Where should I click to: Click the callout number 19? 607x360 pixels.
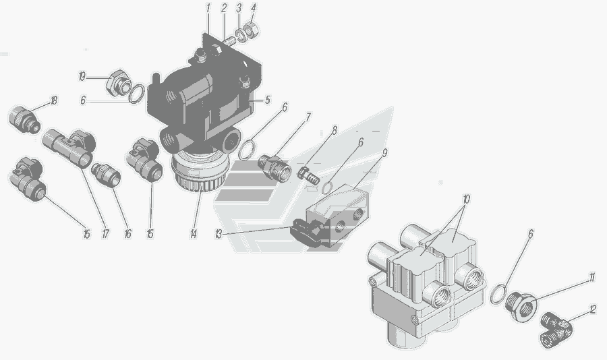[82, 77]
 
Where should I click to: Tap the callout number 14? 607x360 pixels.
[193, 234]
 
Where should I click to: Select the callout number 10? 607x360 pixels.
[466, 200]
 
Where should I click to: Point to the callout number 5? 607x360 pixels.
[268, 100]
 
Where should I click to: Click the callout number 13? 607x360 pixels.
[219, 234]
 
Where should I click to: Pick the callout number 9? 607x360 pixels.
[384, 153]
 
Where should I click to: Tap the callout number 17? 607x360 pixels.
[105, 234]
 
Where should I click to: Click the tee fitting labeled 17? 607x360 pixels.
[69, 148]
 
